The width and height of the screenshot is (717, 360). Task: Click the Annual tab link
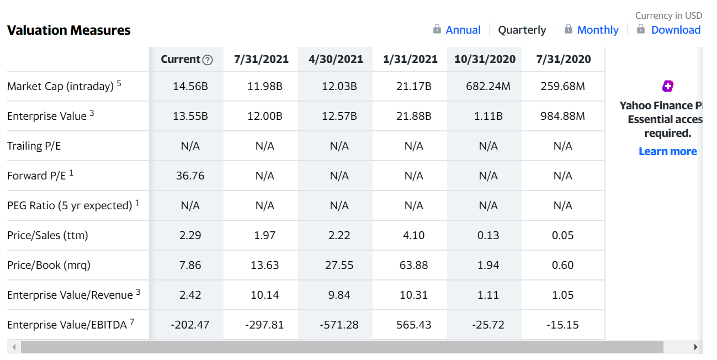click(463, 30)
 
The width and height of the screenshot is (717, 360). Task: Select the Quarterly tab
click(522, 30)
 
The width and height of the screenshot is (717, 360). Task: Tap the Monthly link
click(598, 30)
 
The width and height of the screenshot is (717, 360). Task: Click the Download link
click(676, 30)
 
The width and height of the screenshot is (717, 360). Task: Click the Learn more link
click(668, 151)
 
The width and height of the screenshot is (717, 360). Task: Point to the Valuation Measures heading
click(69, 30)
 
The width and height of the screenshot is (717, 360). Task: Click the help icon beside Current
click(208, 60)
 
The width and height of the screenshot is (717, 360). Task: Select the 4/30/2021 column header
click(336, 59)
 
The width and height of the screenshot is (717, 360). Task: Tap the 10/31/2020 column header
click(485, 59)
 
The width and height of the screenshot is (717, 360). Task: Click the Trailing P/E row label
click(34, 146)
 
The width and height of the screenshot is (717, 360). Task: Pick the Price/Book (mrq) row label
click(49, 265)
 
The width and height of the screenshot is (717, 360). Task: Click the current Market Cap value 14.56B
click(190, 87)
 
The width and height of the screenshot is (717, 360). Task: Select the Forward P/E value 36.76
click(190, 176)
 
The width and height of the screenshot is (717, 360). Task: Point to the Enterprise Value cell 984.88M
click(562, 117)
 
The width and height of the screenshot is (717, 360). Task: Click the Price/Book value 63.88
click(413, 265)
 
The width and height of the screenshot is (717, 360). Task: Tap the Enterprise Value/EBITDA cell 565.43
click(413, 325)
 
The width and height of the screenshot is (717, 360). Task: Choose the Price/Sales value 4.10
click(413, 235)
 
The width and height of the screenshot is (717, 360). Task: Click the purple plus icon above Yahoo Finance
click(668, 86)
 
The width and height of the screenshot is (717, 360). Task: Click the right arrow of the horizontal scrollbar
click(696, 347)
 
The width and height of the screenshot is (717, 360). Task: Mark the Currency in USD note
click(668, 15)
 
